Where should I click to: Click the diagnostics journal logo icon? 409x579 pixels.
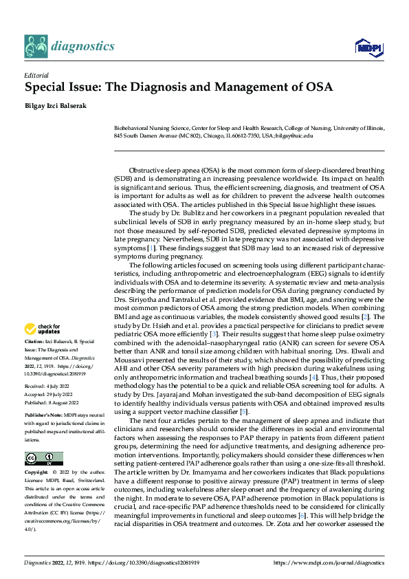(36, 46)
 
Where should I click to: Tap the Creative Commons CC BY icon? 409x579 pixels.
(43, 458)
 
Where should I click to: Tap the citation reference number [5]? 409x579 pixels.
(243, 411)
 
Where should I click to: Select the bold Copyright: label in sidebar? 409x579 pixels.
(36, 473)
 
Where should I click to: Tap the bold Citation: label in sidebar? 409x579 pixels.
(34, 341)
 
